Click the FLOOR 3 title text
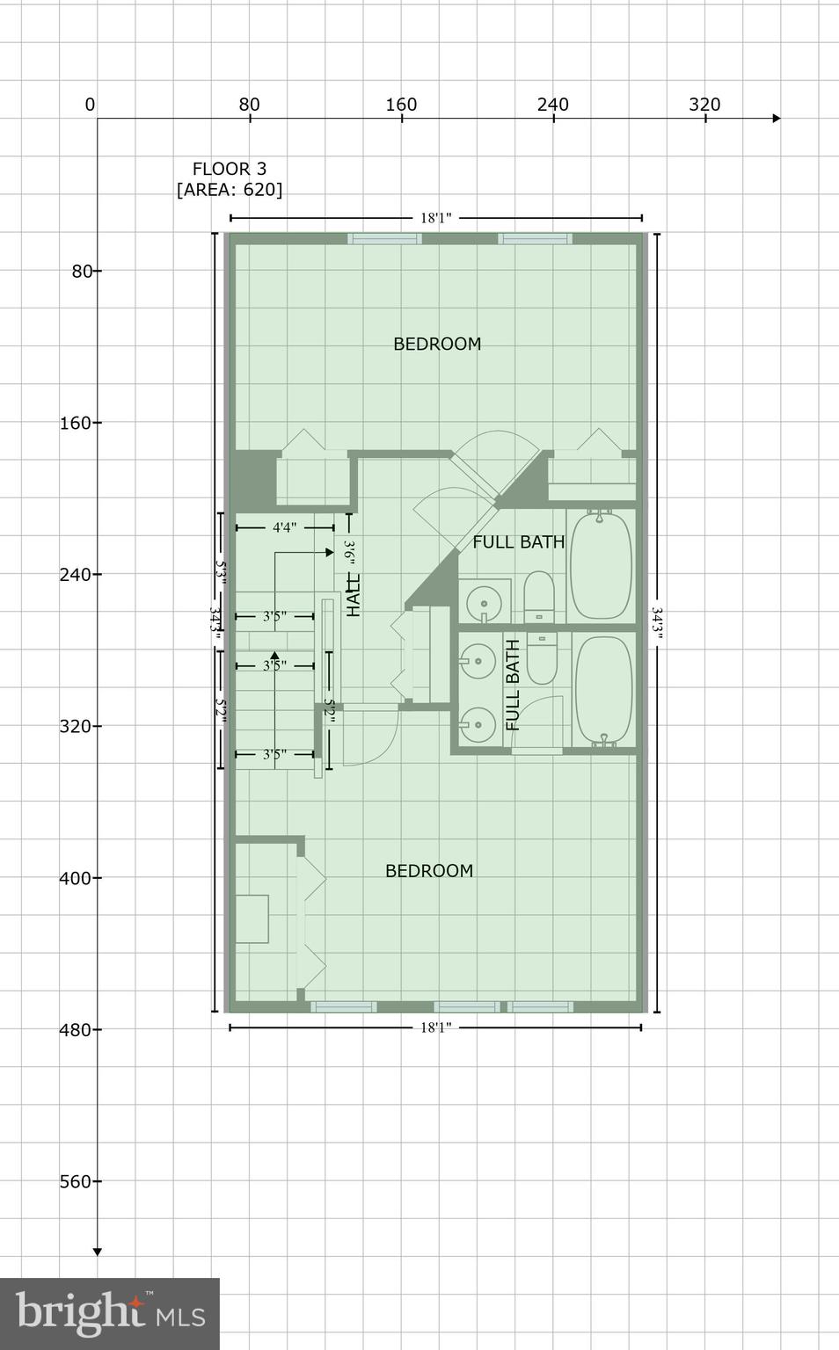click(229, 169)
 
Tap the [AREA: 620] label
click(230, 190)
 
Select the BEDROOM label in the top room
click(437, 344)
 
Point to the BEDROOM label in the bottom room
click(429, 870)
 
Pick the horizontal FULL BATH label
click(518, 541)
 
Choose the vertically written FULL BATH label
click(513, 686)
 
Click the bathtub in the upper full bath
click(601, 564)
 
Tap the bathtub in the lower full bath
click(602, 691)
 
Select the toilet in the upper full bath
click(539, 597)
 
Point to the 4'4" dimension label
click(284, 527)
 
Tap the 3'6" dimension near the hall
click(349, 555)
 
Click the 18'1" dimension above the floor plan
click(435, 218)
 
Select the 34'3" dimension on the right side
click(657, 623)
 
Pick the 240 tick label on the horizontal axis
click(552, 105)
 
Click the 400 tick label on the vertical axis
click(75, 878)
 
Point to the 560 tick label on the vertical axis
click(75, 1181)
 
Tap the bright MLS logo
click(110, 1313)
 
